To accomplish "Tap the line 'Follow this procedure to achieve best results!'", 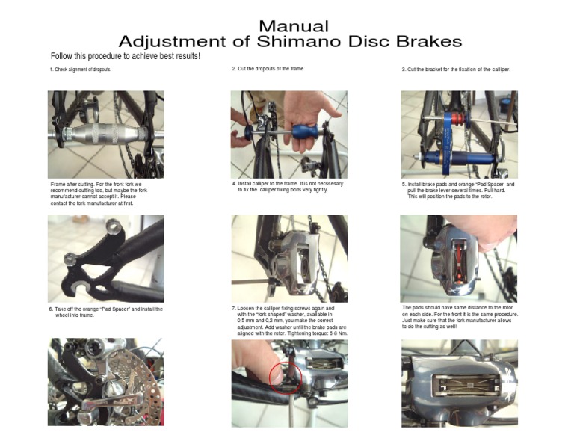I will [125, 57].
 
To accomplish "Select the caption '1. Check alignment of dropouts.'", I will [81, 70].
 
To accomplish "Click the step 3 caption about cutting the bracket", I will [455, 70].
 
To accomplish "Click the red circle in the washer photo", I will [285, 378].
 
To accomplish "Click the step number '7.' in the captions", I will [234, 308].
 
